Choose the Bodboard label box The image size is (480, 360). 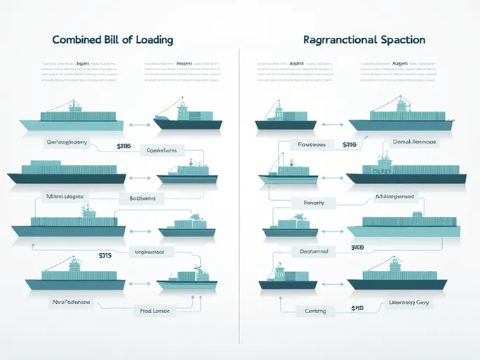(x=147, y=199)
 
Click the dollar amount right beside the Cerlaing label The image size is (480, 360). (x=357, y=309)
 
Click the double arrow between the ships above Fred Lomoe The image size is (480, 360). (x=140, y=284)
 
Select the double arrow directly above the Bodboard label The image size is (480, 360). (x=142, y=176)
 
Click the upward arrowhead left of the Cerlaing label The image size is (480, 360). (x=280, y=296)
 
